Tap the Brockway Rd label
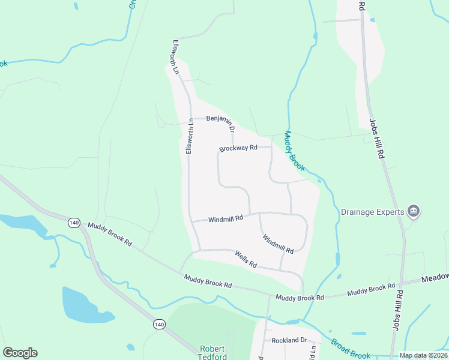tap(238, 148)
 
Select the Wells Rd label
tap(246, 260)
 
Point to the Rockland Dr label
tap(289, 340)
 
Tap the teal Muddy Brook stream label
tap(295, 151)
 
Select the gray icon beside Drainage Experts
tap(414, 211)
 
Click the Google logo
tap(20, 353)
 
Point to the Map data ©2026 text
tap(423, 355)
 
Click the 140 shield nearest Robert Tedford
tap(158, 324)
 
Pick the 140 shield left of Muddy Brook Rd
tap(74, 222)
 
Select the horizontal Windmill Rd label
tap(226, 219)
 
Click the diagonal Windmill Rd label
tap(277, 243)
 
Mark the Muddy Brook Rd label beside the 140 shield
tap(110, 233)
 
